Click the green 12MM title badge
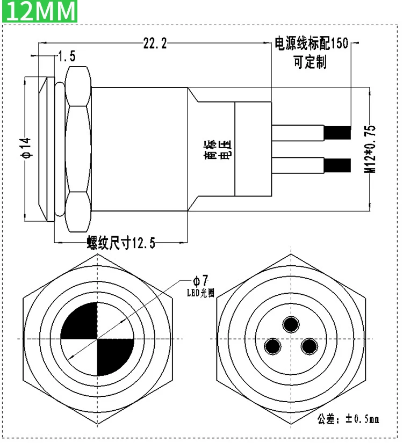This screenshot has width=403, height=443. [40, 11]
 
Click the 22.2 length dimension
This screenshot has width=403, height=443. [155, 43]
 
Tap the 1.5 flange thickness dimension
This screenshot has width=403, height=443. [67, 56]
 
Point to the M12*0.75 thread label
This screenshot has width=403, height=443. [370, 149]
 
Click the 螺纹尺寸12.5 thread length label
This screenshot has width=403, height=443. [121, 242]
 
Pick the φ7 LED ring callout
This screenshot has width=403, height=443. [200, 281]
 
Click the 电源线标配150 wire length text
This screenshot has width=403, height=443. [311, 43]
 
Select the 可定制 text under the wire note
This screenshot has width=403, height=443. [310, 62]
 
